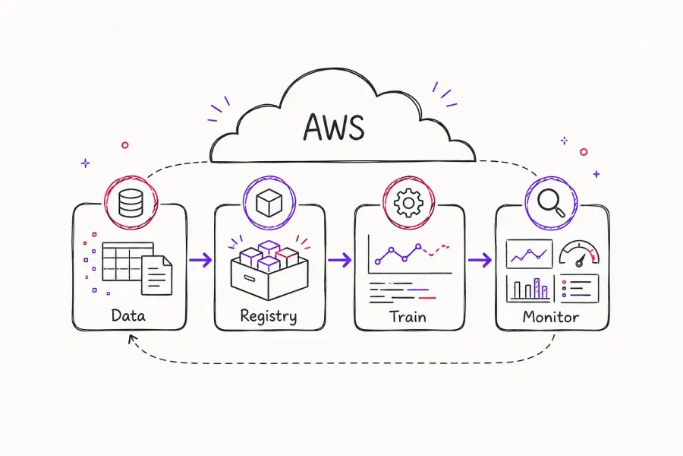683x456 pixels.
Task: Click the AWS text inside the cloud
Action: click(x=333, y=127)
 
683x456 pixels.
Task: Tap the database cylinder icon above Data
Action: click(x=131, y=204)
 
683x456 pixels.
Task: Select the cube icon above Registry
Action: click(x=269, y=203)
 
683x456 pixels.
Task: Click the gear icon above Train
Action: click(x=408, y=203)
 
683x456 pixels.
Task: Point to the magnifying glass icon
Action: click(x=551, y=202)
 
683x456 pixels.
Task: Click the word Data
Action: click(x=128, y=315)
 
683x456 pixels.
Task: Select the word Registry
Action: click(x=269, y=316)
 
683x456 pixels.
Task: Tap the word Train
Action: click(x=408, y=316)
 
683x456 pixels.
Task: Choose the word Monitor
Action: click(x=551, y=316)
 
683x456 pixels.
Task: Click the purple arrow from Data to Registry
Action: click(x=200, y=260)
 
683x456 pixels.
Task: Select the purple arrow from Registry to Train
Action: click(x=340, y=260)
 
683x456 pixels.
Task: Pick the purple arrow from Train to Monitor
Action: click(x=480, y=261)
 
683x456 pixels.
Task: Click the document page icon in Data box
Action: click(x=156, y=275)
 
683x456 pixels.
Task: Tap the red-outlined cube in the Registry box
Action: click(x=287, y=258)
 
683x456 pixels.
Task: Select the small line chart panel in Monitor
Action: click(x=529, y=254)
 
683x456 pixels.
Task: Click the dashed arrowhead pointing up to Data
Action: click(x=132, y=339)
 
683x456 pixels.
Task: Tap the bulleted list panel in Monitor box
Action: click(x=579, y=289)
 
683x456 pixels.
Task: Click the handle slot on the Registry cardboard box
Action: click(x=250, y=278)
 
